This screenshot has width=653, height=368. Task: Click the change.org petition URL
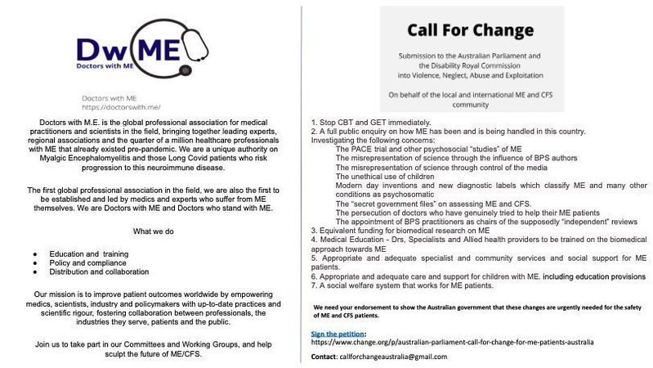(x=454, y=343)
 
